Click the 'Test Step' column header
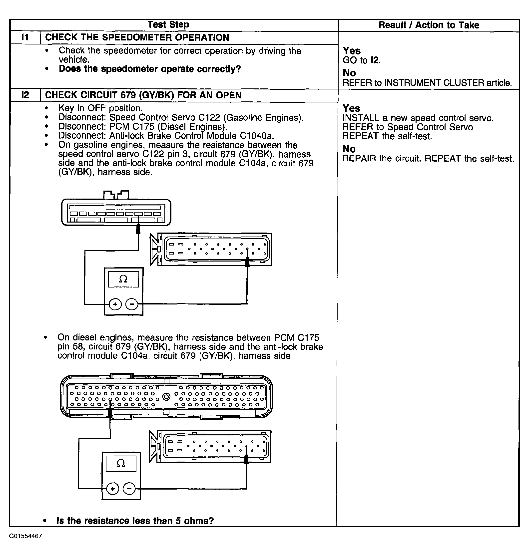[x=168, y=24]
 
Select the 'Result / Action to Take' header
[x=429, y=25]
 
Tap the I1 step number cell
[x=25, y=37]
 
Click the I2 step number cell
[x=25, y=95]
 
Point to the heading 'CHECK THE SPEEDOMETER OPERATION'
[x=137, y=37]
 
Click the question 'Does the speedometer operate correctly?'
[x=150, y=69]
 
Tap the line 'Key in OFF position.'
[x=100, y=108]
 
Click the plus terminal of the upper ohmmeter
[x=115, y=304]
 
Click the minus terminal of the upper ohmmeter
[x=132, y=304]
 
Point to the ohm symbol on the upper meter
[x=123, y=279]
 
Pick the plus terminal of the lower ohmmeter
[x=112, y=489]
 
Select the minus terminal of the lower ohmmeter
[x=129, y=489]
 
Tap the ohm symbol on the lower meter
[x=121, y=463]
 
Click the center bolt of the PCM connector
[x=167, y=397]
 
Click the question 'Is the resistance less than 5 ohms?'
[x=135, y=521]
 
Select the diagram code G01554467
[x=26, y=536]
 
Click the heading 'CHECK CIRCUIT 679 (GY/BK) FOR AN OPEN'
[x=143, y=95]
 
